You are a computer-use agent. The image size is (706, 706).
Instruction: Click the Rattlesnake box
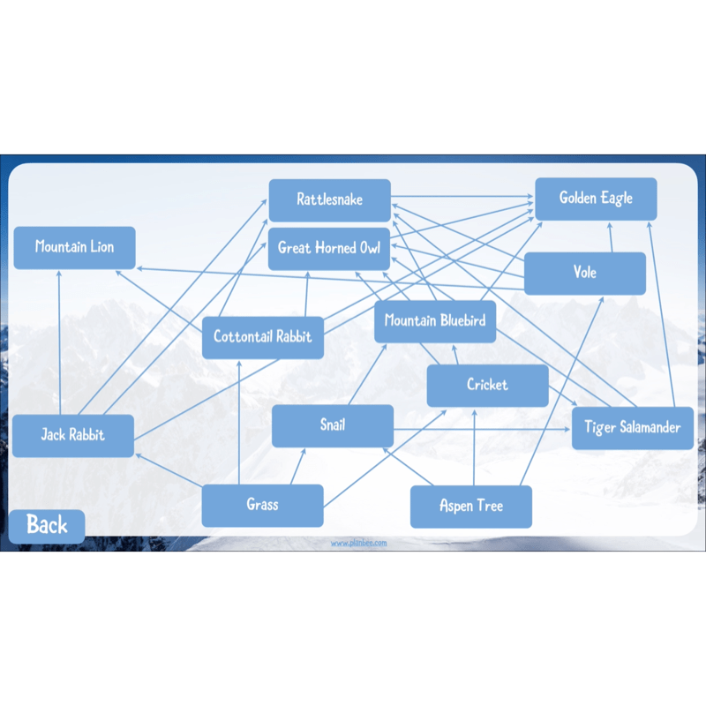coord(329,200)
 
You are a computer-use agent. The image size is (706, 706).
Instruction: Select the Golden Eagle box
coord(596,199)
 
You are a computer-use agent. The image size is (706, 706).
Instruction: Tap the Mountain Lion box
coord(74,248)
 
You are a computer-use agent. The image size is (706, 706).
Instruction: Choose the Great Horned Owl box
coord(329,249)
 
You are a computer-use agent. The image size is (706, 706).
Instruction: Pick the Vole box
coord(585,274)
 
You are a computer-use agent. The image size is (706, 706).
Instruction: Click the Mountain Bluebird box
coord(435,321)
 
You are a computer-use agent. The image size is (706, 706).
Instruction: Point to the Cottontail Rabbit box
coord(262,338)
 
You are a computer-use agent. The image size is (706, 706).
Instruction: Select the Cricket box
coord(488,386)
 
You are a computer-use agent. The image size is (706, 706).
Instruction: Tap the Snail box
coord(333,426)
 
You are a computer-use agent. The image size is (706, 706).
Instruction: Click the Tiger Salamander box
coord(633,428)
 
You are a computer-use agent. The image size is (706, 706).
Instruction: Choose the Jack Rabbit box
coord(73,436)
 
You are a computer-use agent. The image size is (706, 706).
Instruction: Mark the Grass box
coord(262,506)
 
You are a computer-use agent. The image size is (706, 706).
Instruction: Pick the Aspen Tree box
coord(471,507)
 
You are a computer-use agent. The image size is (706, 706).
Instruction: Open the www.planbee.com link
coord(359,543)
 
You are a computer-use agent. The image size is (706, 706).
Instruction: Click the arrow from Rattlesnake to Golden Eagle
coord(462,197)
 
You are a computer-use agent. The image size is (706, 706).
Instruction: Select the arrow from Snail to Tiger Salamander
coord(482,430)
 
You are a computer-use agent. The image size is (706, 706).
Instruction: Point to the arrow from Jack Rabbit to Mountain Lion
coord(59,342)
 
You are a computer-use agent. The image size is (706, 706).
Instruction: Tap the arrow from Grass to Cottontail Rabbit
coord(239,423)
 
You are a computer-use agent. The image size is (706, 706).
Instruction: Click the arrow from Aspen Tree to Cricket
coord(474,447)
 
